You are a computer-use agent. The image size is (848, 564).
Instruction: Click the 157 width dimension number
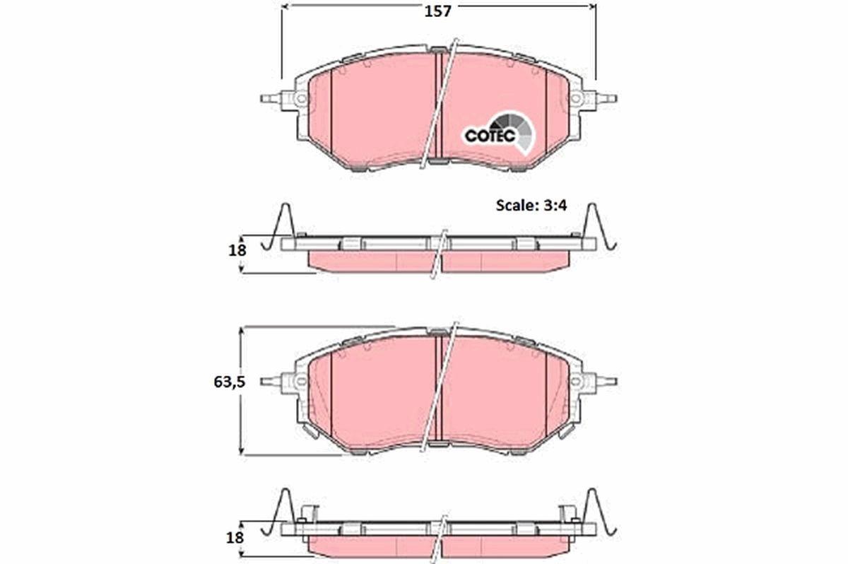coord(437,11)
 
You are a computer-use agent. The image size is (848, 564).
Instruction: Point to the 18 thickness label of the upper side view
coord(236,249)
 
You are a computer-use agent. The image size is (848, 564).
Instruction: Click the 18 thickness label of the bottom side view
coord(236,536)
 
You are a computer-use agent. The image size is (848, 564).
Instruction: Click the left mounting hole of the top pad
coord(300,99)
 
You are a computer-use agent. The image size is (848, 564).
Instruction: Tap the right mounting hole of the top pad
coord(576,99)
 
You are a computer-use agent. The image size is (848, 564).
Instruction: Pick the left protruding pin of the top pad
coord(269,98)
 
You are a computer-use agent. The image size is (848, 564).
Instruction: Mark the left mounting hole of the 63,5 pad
coord(300,382)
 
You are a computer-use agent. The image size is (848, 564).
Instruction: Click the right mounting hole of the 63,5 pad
coord(576,382)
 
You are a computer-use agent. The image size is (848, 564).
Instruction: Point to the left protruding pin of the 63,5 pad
coord(269,382)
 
